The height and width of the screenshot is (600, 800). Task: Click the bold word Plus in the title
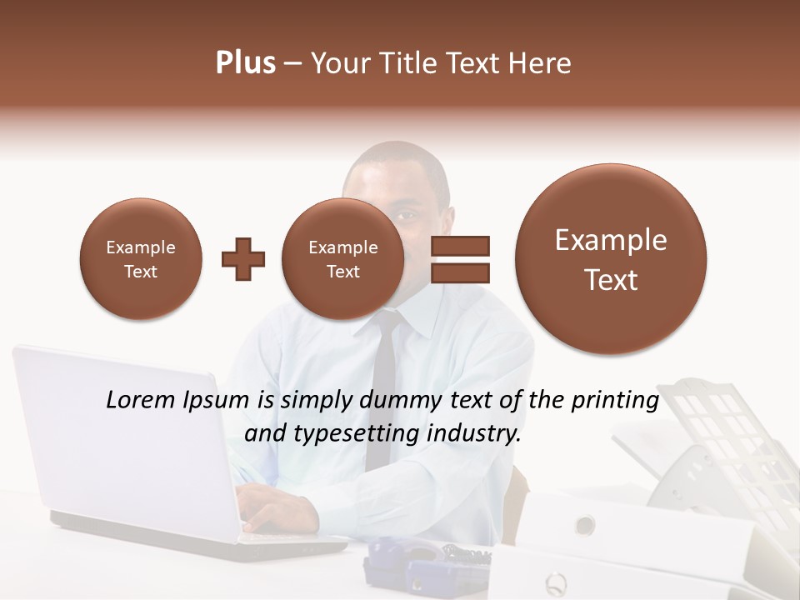[245, 63]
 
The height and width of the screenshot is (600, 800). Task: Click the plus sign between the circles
[243, 259]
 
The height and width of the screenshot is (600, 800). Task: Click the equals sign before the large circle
[459, 258]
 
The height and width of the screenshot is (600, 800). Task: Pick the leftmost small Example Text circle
[140, 259]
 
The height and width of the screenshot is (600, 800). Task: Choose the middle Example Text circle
[342, 259]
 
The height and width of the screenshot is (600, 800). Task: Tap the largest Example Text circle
[611, 259]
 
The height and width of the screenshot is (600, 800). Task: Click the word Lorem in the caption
[141, 400]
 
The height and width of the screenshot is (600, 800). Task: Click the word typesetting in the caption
[353, 434]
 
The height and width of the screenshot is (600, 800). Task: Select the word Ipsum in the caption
[220, 401]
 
